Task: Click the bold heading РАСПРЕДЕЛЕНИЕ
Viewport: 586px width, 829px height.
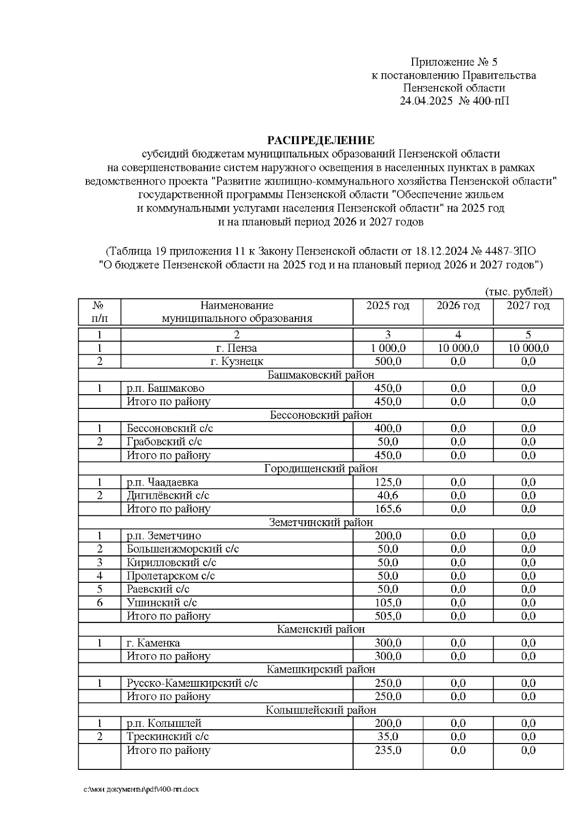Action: [x=321, y=141]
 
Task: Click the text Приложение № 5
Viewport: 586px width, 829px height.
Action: [x=454, y=62]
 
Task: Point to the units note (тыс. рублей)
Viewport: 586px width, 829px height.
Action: [x=519, y=292]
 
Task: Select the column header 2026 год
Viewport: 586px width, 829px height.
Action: [x=458, y=306]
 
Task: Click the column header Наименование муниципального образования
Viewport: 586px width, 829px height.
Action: [x=237, y=312]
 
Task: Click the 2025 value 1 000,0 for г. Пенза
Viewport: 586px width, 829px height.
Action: [x=388, y=348]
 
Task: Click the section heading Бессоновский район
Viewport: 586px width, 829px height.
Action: [x=321, y=415]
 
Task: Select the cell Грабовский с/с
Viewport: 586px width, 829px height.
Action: [x=165, y=442]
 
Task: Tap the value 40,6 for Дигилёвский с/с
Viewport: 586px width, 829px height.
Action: [x=388, y=495]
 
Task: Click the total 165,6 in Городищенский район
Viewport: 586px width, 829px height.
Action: [x=388, y=509]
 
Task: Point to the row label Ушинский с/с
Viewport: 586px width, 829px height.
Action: [x=162, y=603]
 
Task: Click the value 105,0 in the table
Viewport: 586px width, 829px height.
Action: [x=388, y=603]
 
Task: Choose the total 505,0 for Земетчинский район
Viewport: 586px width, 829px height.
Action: [x=388, y=616]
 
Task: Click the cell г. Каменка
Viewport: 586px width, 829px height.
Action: [x=153, y=643]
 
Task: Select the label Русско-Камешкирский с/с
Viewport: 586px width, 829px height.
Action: [x=192, y=683]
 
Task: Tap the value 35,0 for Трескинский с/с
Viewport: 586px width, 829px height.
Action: [x=388, y=737]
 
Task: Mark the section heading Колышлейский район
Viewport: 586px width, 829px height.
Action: [x=321, y=710]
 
